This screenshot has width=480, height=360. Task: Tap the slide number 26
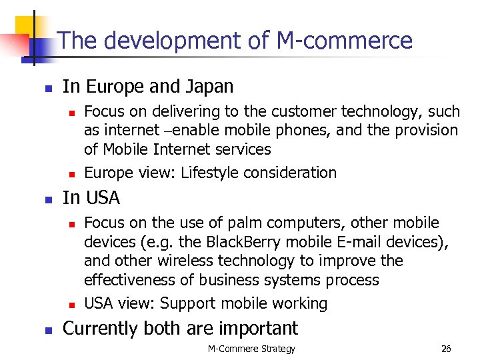pyautogui.click(x=446, y=349)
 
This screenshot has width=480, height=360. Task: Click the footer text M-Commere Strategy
pyautogui.click(x=251, y=349)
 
